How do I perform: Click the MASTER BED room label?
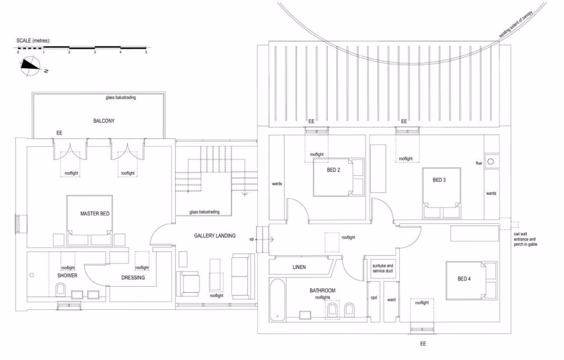pos(94,213)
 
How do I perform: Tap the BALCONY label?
pos(104,121)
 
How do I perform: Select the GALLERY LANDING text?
pos(214,236)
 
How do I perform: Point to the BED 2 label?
pos(333,170)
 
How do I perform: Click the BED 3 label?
pos(439,180)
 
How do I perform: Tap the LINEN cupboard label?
pos(299,267)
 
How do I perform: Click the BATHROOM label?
pos(322,291)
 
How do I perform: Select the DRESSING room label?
pos(133,278)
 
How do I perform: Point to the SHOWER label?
pos(67,275)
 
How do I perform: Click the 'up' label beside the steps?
pos(252,239)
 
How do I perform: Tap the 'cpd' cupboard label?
pos(373,297)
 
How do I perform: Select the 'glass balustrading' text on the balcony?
pos(121,98)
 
